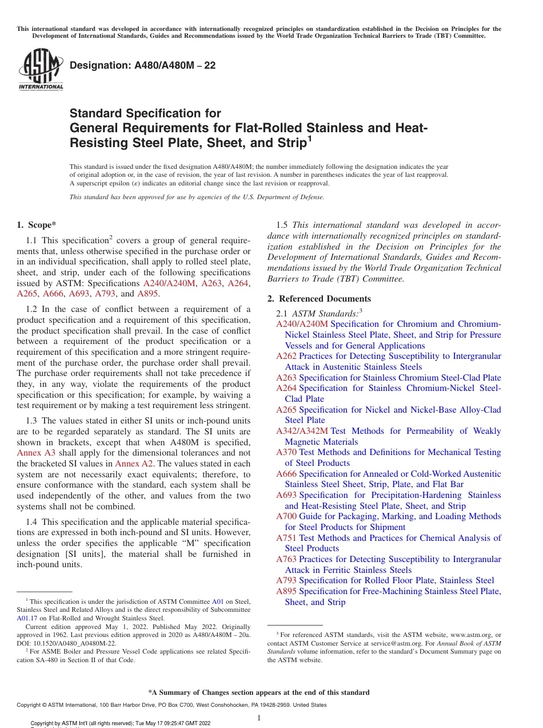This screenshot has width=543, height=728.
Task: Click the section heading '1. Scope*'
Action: [x=36, y=225]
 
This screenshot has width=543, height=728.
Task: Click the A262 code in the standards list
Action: [x=286, y=356]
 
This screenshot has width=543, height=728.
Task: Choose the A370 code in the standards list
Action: [x=286, y=452]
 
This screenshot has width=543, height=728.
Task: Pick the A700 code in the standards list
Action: [x=286, y=516]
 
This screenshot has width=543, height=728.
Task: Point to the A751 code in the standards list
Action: [x=286, y=537]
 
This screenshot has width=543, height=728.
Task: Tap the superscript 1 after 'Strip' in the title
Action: [x=310, y=139]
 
